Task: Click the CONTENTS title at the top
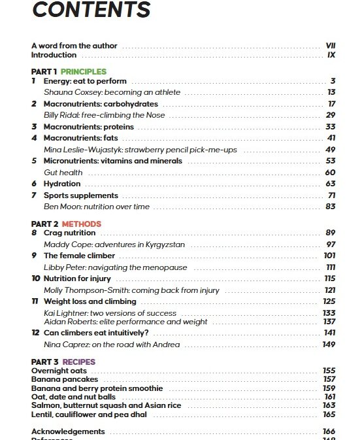[91, 11]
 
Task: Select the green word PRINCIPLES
[84, 71]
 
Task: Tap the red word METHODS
[82, 224]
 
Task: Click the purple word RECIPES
[78, 362]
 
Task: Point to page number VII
[330, 46]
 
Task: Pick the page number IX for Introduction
[331, 56]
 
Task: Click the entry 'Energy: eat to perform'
[85, 81]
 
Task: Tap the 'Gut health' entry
[63, 173]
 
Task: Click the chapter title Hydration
[62, 184]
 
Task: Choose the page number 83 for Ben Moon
[331, 207]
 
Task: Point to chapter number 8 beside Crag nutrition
[34, 233]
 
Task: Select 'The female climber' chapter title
[79, 256]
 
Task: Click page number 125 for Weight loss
[329, 301]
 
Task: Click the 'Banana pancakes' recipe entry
[65, 379]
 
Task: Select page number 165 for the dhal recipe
[329, 414]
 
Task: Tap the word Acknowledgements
[68, 432]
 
